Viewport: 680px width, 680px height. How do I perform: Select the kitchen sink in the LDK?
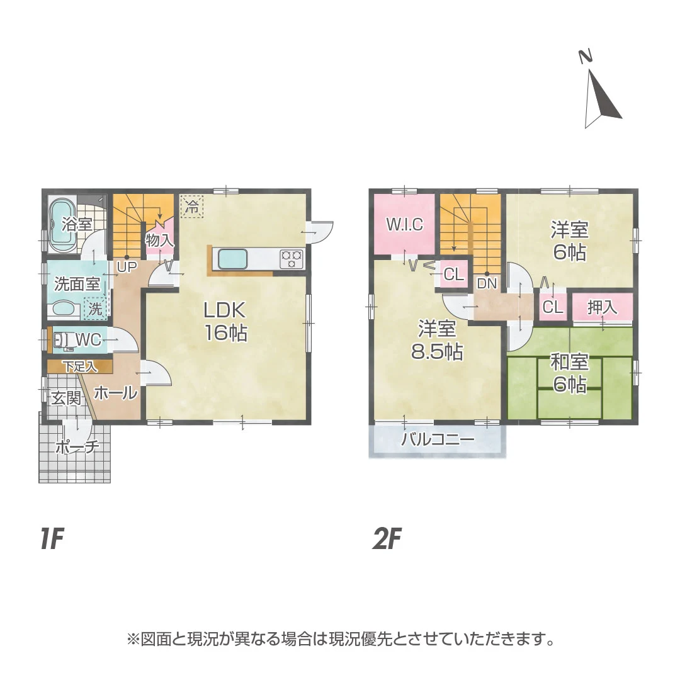pos(232,259)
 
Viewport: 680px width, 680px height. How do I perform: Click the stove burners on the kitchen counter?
pos(291,259)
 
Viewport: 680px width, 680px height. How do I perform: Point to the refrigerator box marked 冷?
pos(193,206)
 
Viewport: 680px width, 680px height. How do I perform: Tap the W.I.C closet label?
pos(404,225)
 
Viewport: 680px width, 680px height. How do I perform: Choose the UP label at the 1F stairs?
pos(127,266)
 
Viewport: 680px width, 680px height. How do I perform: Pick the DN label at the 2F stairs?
pos(487,283)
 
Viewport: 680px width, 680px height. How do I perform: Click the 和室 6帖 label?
pos(569,373)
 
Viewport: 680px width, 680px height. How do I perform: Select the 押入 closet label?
pos(602,308)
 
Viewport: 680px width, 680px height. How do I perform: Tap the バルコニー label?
pos(438,439)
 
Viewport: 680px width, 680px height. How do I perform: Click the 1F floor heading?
pos(52,540)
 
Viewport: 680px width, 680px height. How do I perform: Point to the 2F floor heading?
pos(387,540)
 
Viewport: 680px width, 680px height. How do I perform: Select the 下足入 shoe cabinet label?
pos(79,366)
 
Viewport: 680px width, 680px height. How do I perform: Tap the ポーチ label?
pos(77,448)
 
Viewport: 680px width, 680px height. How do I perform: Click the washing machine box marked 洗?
pos(95,309)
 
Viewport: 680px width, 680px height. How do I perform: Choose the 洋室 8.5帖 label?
pos(437,340)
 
